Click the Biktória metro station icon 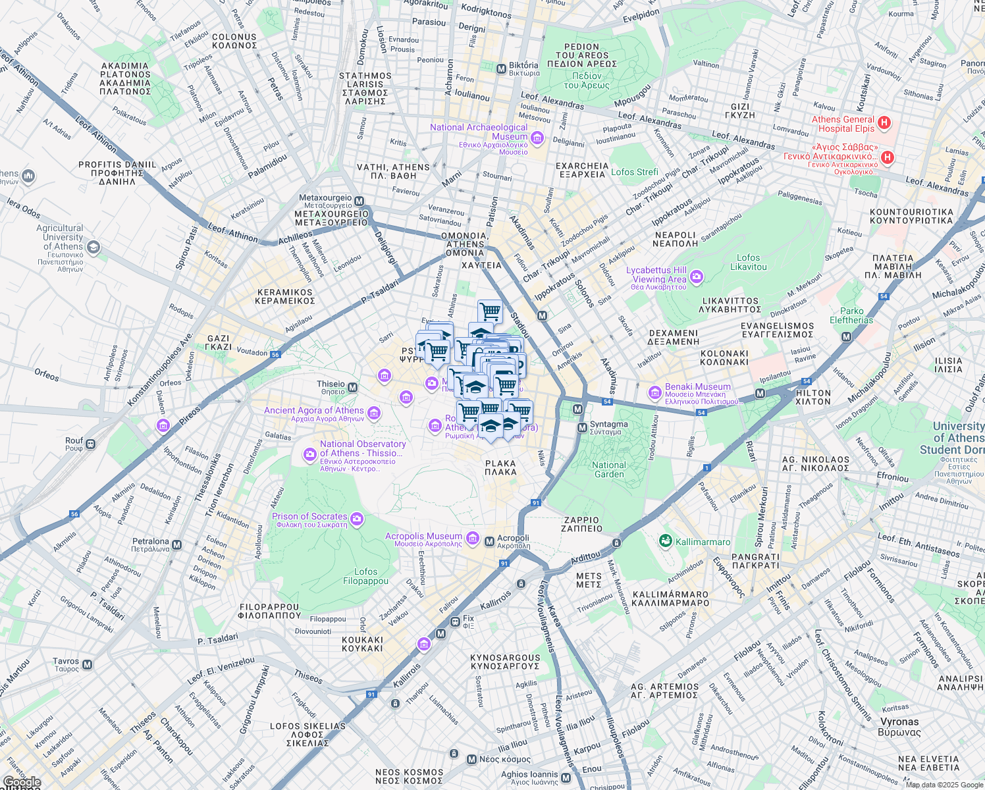(501, 68)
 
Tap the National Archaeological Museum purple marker (537, 138)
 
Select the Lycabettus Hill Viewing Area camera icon (697, 276)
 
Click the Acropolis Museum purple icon (472, 539)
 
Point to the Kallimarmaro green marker (666, 541)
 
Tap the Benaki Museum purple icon (654, 393)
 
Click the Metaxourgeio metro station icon (359, 201)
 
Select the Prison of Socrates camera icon (357, 519)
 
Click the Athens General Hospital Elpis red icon (884, 122)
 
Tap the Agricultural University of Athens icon (93, 247)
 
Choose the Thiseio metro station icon (353, 388)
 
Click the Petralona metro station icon (176, 545)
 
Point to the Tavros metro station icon (88, 665)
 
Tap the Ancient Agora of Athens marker (374, 413)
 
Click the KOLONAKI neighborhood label (724, 357)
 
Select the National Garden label (609, 469)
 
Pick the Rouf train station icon (90, 444)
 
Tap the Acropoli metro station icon (489, 542)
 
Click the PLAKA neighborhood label (500, 467)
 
